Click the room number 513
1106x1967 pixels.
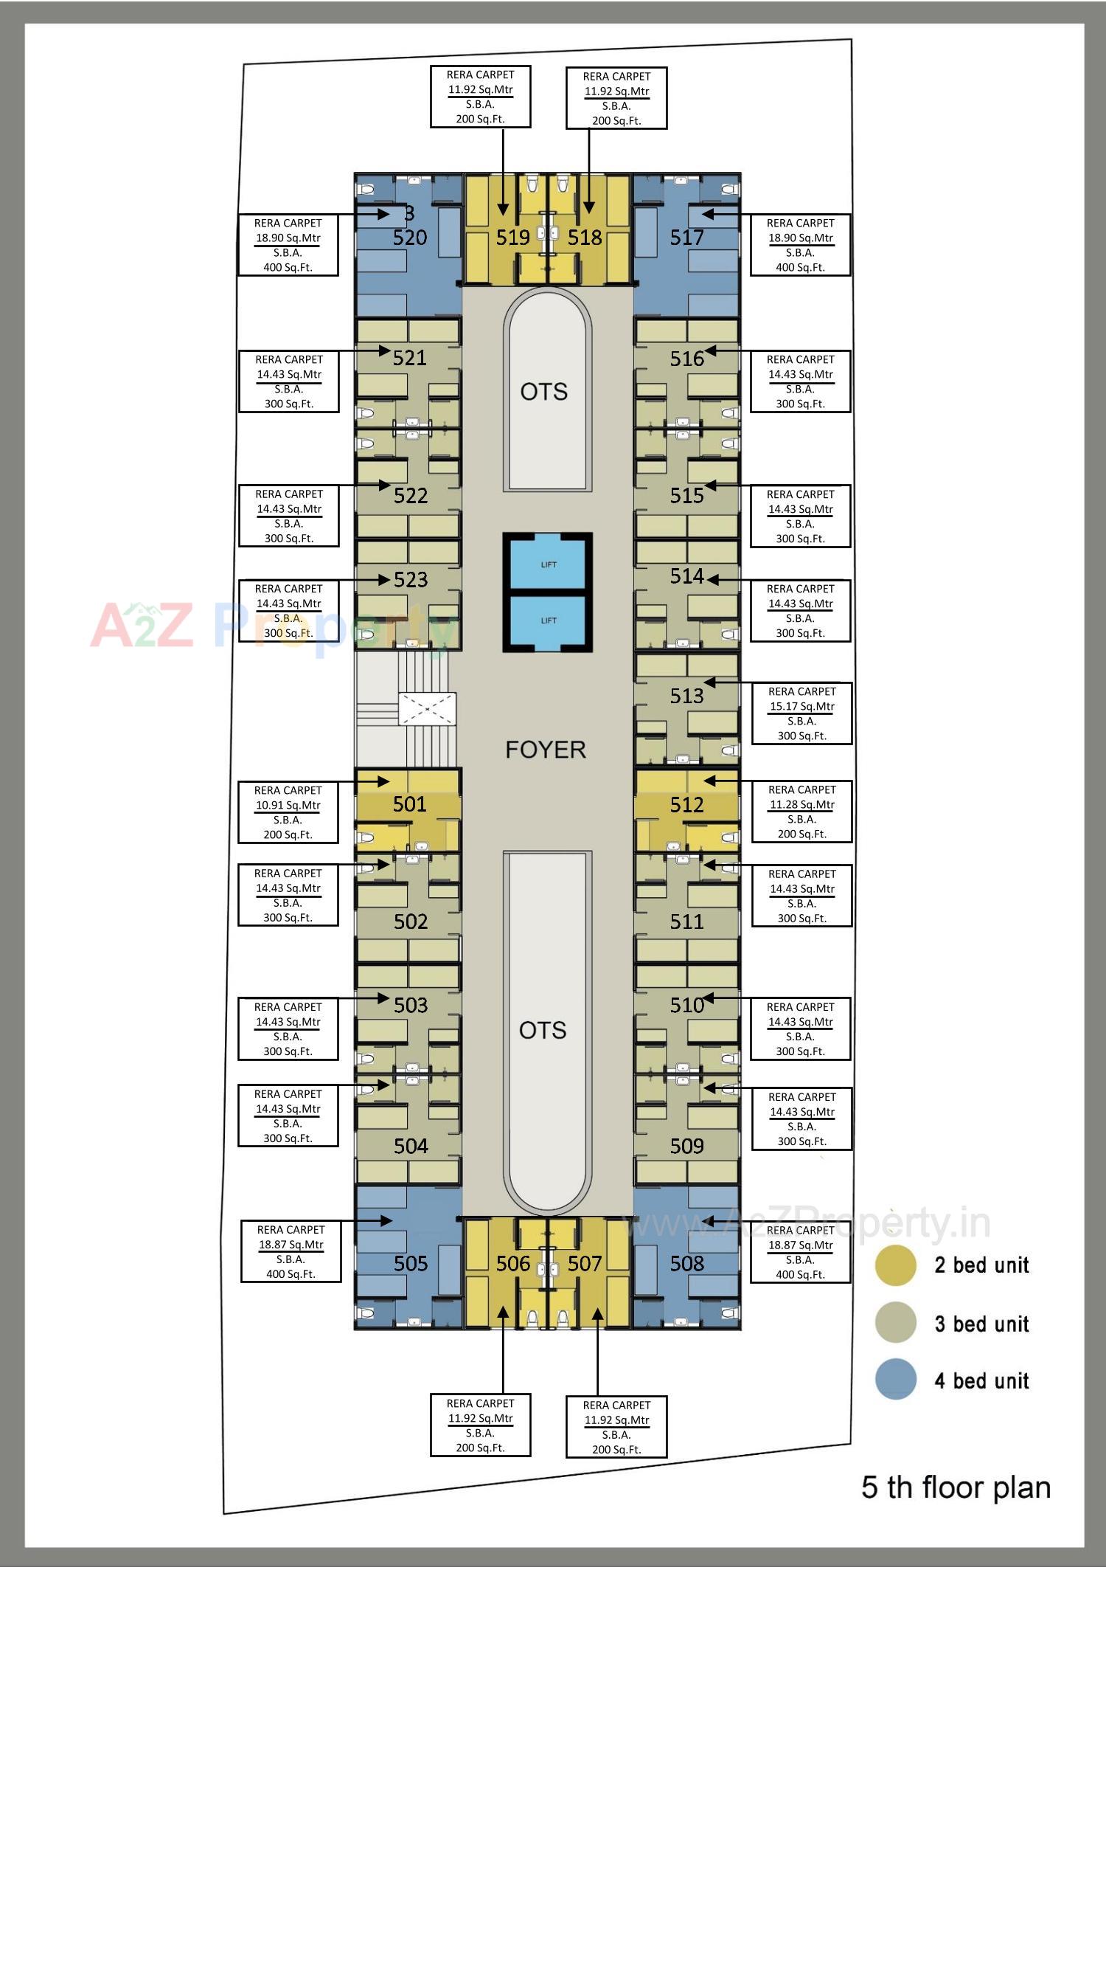[686, 696]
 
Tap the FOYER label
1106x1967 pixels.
[545, 750]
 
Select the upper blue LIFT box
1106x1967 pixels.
[548, 564]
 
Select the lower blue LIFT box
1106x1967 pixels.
[548, 620]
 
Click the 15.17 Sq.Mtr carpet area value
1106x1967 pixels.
[801, 706]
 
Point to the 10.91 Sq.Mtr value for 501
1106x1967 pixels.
[288, 805]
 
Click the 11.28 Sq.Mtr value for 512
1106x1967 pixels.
[801, 804]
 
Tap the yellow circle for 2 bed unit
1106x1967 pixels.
[895, 1265]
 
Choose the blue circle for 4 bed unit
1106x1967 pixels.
[895, 1379]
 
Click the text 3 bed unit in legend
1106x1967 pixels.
[981, 1324]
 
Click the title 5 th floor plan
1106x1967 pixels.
[956, 1487]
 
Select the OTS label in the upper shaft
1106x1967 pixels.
[543, 392]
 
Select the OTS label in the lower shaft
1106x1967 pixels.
[543, 1030]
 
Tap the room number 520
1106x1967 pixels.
[410, 238]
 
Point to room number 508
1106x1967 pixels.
[686, 1263]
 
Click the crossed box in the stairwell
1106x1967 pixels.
[427, 708]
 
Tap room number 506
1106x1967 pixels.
[512, 1263]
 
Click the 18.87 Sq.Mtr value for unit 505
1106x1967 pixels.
[291, 1244]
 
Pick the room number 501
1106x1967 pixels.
[410, 804]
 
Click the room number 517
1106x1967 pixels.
[686, 238]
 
